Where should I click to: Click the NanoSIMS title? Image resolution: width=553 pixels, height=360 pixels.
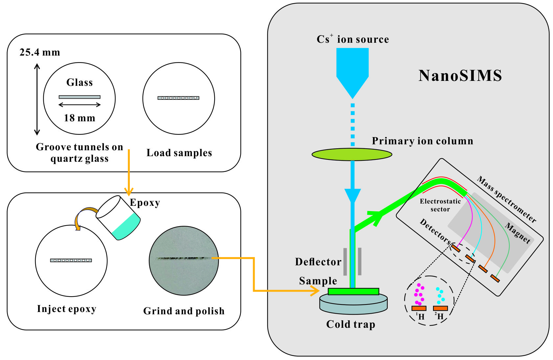click(x=460, y=76)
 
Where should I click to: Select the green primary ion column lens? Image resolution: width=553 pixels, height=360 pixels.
click(x=352, y=154)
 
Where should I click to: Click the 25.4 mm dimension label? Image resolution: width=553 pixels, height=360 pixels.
click(x=40, y=53)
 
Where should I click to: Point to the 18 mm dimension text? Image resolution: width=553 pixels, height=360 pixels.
click(x=80, y=118)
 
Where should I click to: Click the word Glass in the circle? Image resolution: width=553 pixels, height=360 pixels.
click(x=80, y=82)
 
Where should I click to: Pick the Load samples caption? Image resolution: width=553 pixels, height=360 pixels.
click(x=179, y=153)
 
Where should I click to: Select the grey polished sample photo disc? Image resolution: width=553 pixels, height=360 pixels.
click(x=184, y=260)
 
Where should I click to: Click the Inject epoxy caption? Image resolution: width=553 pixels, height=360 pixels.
click(x=67, y=309)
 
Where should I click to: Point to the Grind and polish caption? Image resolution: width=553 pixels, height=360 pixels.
click(x=184, y=311)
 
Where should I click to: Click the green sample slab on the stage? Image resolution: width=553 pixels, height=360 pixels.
click(x=353, y=291)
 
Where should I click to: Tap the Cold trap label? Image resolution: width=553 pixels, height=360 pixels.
click(x=351, y=324)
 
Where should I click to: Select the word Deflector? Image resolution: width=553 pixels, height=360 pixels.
click(x=318, y=262)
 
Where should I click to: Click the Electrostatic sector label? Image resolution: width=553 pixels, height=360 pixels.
click(x=440, y=205)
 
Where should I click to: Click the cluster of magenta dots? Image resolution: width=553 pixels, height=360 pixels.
click(x=419, y=294)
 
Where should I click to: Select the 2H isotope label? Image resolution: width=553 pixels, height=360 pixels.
click(x=439, y=316)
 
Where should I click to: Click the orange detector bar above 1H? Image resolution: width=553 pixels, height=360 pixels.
click(x=419, y=308)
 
